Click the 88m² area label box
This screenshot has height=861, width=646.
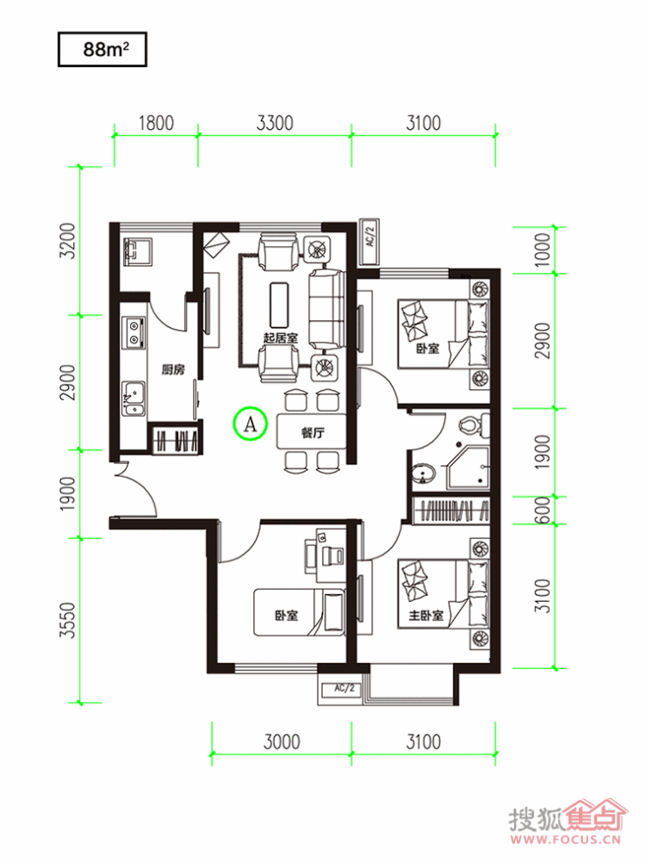click(x=102, y=50)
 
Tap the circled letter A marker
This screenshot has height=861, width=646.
click(x=250, y=423)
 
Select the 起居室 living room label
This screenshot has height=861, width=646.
click(x=280, y=337)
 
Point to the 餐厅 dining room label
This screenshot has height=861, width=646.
click(x=313, y=433)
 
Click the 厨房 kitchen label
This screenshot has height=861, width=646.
click(x=173, y=370)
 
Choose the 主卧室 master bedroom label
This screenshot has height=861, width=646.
click(x=426, y=616)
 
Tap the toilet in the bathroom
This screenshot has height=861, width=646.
click(x=476, y=425)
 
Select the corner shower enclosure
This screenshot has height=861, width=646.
click(x=467, y=468)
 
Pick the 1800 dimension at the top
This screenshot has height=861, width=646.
click(x=156, y=123)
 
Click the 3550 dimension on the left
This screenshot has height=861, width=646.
click(x=67, y=620)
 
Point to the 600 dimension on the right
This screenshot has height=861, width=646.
click(x=542, y=510)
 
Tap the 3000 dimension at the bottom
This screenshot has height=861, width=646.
click(x=281, y=741)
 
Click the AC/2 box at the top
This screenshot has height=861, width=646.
click(x=368, y=242)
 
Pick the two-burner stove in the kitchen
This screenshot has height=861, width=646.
click(x=134, y=332)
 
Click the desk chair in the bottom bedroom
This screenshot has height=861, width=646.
click(x=333, y=557)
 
